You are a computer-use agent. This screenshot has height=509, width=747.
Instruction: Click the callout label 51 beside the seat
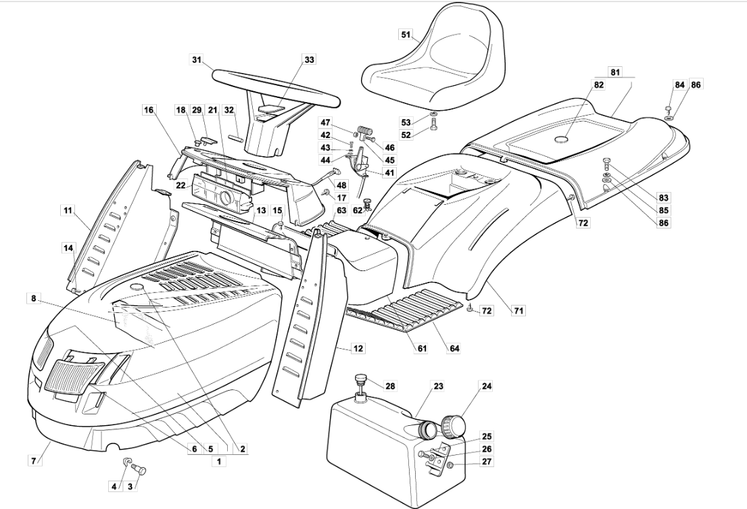click(406, 34)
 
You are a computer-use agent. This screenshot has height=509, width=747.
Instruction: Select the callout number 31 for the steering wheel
click(197, 60)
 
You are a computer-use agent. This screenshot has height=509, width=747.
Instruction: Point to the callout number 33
click(309, 60)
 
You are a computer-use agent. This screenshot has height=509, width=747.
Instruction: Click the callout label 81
click(615, 72)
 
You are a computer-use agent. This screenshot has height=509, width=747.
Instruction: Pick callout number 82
click(598, 84)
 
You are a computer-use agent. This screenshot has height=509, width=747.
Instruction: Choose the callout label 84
click(679, 84)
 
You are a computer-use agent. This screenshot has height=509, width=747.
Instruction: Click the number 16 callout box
click(148, 110)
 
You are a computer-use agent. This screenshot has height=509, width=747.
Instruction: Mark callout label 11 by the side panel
click(68, 211)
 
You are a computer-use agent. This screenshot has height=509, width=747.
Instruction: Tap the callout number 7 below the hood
click(32, 460)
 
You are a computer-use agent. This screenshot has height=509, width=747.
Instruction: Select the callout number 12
click(358, 349)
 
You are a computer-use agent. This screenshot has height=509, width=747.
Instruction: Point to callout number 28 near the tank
click(389, 386)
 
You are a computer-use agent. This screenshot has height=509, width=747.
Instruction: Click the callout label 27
click(487, 462)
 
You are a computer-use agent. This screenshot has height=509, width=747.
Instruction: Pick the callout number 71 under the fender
click(519, 311)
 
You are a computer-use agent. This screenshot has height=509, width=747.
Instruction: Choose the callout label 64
click(454, 349)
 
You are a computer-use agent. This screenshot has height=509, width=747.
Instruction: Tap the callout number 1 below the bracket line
click(218, 461)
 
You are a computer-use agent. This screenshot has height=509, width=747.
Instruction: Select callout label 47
click(326, 123)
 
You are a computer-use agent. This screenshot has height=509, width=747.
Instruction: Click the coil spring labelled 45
click(366, 126)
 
